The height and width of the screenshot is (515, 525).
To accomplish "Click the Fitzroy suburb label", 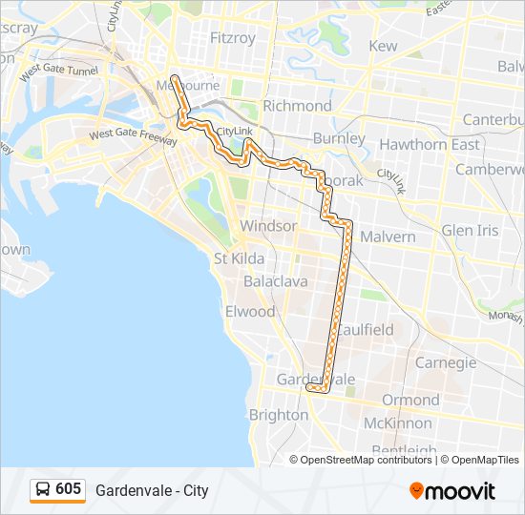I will click(x=232, y=38).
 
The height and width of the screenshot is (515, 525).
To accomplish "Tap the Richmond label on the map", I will click(x=297, y=105).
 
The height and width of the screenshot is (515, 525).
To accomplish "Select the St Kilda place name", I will click(x=238, y=258).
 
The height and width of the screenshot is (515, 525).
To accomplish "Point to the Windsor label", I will click(x=268, y=226).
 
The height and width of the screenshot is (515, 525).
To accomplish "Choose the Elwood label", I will click(x=249, y=312).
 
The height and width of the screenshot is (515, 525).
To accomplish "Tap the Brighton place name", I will click(x=278, y=415).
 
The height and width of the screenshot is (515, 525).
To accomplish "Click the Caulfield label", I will click(x=365, y=330).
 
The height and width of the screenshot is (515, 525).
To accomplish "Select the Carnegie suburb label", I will click(x=446, y=362).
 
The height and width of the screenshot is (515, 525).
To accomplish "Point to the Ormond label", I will click(x=410, y=400).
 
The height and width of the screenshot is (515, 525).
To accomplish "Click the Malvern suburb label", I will click(x=388, y=237).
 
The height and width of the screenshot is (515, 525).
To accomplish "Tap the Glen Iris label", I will click(x=470, y=231).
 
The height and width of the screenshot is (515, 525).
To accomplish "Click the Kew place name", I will click(x=383, y=46).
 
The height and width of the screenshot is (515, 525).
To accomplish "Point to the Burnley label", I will click(x=339, y=138).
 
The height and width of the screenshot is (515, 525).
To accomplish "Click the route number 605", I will click(x=69, y=489).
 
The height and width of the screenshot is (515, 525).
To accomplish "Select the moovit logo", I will click(x=452, y=491).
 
